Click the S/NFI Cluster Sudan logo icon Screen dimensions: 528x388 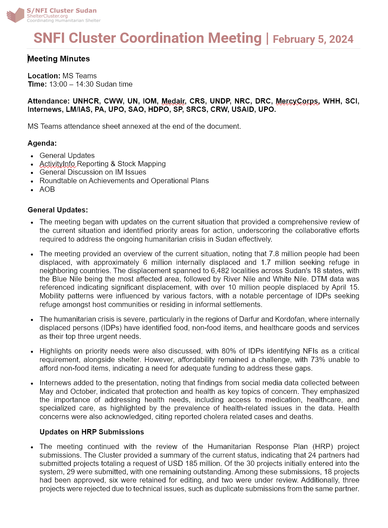tap(16, 15)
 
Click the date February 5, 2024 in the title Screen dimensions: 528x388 tap(313, 39)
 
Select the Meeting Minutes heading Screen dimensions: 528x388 tap(59, 59)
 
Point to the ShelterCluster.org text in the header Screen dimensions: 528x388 tap(47, 16)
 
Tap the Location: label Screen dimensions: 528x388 tap(44, 76)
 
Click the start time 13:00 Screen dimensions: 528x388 tap(58, 84)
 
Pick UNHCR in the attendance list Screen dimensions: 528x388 tap(86, 101)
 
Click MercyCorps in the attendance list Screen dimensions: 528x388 tap(297, 101)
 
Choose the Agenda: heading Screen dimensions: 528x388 tap(42, 143)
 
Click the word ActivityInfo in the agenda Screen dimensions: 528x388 tap(57, 164)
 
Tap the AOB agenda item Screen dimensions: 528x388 tap(47, 189)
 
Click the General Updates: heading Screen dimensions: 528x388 tap(58, 210)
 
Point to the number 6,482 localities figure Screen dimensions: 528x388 tap(220, 271)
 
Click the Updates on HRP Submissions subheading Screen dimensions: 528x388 tap(92, 432)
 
